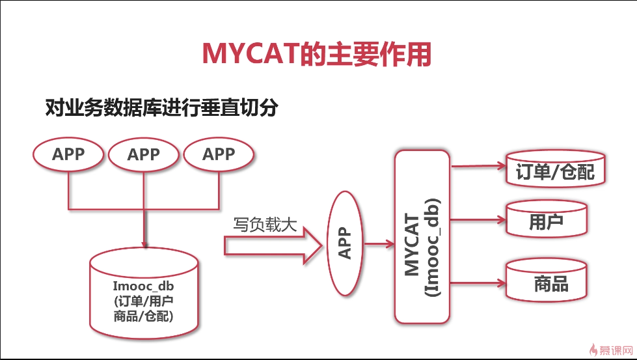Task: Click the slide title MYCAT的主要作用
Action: (x=316, y=53)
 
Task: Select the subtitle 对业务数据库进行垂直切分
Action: (x=161, y=107)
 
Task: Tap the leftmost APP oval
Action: (x=68, y=154)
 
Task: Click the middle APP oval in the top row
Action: (x=143, y=154)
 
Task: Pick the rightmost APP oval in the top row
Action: (x=219, y=154)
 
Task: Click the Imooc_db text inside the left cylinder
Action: (x=143, y=286)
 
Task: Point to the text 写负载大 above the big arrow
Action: (x=265, y=225)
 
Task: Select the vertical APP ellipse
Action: (x=345, y=243)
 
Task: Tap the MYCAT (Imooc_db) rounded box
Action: (x=422, y=237)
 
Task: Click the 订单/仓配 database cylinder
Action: (x=556, y=169)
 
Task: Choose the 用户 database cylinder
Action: (x=547, y=219)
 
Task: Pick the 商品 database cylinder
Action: (x=547, y=281)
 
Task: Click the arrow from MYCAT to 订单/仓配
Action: (x=478, y=166)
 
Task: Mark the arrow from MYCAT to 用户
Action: (x=478, y=220)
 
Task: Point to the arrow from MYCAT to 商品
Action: (x=478, y=283)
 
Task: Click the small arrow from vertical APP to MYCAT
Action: (x=379, y=243)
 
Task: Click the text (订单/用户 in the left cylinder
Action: (x=144, y=301)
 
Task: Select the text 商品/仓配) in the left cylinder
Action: (x=143, y=316)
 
